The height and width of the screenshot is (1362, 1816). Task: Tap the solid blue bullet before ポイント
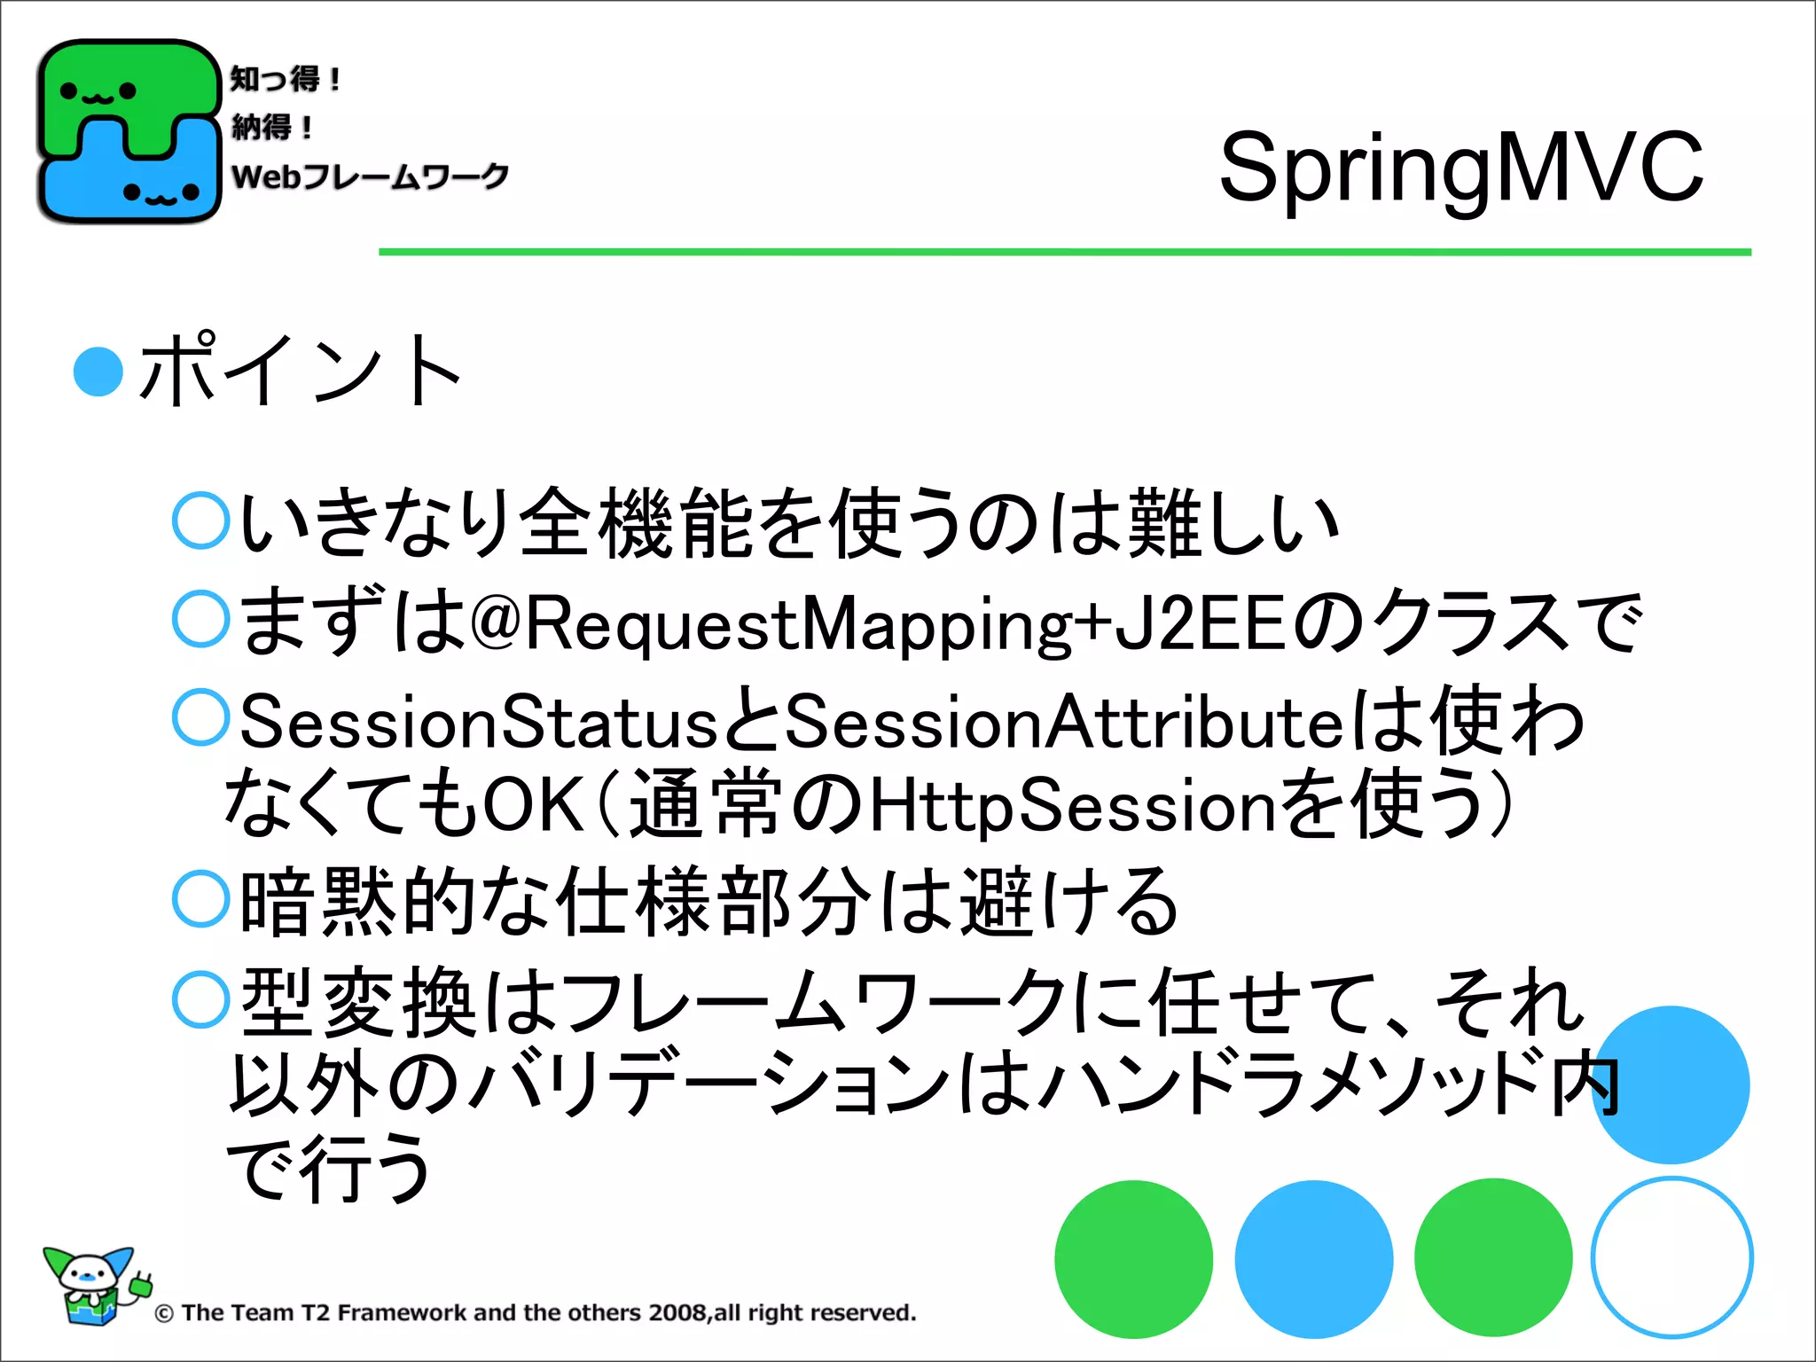pyautogui.click(x=98, y=371)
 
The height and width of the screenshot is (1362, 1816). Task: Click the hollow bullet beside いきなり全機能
pyautogui.click(x=201, y=521)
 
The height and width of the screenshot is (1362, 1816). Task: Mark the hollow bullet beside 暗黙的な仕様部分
pyautogui.click(x=201, y=899)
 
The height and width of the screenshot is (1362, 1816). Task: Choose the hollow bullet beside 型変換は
pyautogui.click(x=201, y=999)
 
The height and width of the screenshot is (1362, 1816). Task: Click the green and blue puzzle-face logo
pyautogui.click(x=129, y=131)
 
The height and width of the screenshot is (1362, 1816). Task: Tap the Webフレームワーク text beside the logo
pyautogui.click(x=370, y=176)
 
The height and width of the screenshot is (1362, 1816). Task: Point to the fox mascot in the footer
pyautogui.click(x=93, y=1284)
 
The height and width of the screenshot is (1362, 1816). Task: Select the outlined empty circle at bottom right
pyautogui.click(x=1671, y=1257)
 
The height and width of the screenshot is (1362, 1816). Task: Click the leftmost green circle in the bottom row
pyautogui.click(x=1133, y=1258)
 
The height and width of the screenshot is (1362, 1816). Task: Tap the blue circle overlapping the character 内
pyautogui.click(x=1671, y=1084)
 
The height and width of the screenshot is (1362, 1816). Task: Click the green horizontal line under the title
pyautogui.click(x=1064, y=253)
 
